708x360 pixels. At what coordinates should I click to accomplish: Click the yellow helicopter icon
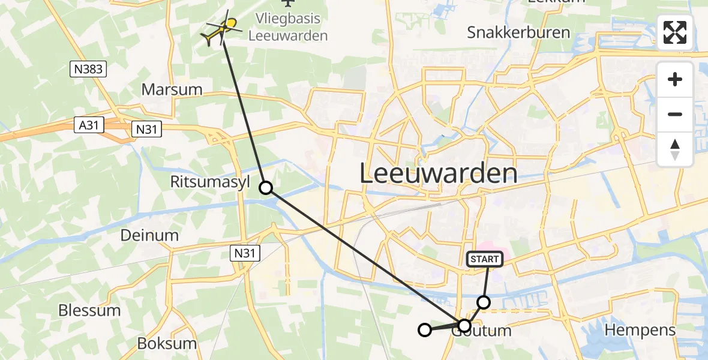223,28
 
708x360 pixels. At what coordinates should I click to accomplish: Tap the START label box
484,259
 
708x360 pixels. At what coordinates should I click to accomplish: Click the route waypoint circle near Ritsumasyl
266,188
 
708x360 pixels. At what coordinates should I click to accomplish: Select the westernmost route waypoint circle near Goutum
425,329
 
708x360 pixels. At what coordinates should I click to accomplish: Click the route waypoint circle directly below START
483,302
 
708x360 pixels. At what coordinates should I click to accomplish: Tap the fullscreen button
675,32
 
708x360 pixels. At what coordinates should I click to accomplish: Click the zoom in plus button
675,79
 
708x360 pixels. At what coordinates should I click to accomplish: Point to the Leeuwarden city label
439,173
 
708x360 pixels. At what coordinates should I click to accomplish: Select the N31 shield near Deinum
245,254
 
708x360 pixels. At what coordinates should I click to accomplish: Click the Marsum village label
172,90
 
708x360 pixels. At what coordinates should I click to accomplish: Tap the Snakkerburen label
518,32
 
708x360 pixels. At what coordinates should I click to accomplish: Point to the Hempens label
640,329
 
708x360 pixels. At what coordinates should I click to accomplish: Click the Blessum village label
89,311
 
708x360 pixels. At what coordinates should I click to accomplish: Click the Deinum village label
149,235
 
